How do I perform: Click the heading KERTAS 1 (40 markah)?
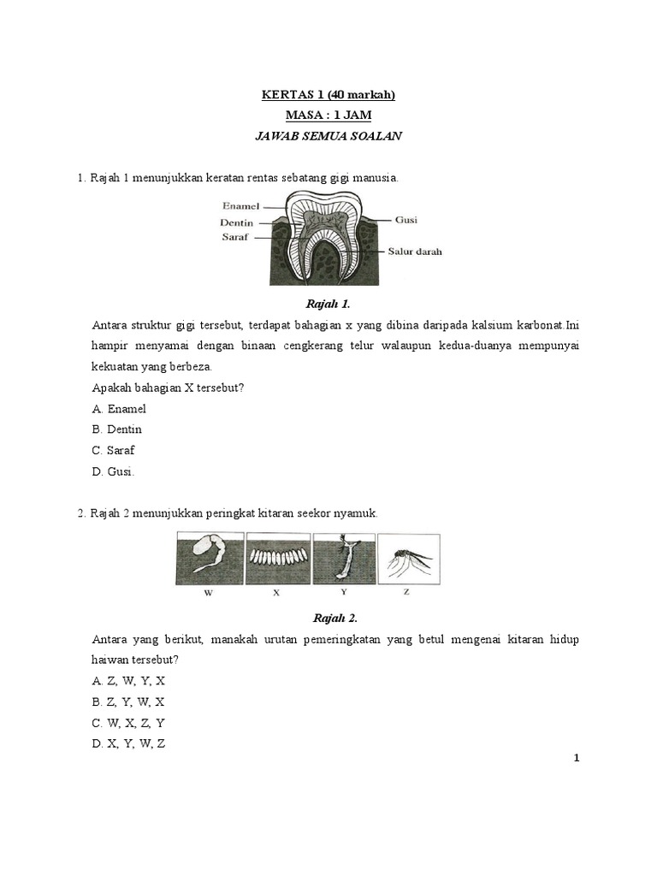click(x=328, y=95)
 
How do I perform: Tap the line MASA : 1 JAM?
click(x=328, y=115)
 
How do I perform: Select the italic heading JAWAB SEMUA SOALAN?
click(x=328, y=136)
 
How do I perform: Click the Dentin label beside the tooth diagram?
click(x=238, y=222)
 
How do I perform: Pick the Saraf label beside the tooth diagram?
click(x=234, y=237)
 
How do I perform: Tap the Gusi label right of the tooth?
click(x=405, y=220)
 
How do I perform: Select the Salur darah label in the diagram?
click(x=414, y=252)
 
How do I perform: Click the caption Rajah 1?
click(x=328, y=304)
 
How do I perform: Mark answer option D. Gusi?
click(x=114, y=471)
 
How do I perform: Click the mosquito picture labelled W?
click(x=209, y=559)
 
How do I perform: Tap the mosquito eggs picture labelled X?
click(x=276, y=559)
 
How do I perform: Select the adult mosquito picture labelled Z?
click(x=409, y=559)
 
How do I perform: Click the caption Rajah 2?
click(x=328, y=619)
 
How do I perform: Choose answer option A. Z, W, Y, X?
click(x=128, y=681)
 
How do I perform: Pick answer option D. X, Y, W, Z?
click(x=128, y=743)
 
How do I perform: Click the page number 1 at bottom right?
click(x=577, y=758)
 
